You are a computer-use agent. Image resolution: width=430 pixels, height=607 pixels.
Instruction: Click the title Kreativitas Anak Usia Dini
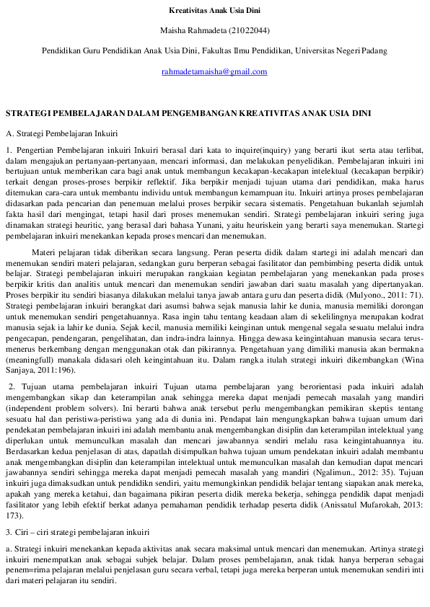(x=214, y=11)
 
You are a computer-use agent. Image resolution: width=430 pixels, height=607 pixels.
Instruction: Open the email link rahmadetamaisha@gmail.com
(x=214, y=71)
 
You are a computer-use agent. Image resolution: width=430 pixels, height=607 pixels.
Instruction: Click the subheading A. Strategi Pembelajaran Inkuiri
(x=62, y=133)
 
